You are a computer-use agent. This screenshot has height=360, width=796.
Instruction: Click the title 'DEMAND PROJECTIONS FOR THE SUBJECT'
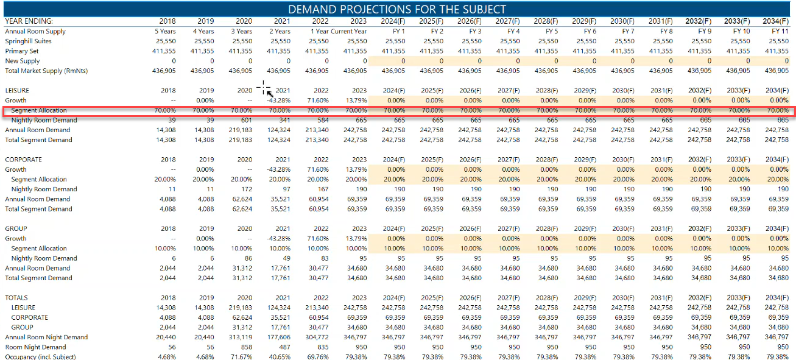(397, 9)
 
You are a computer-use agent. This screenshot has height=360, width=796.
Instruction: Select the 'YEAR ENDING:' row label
(29, 21)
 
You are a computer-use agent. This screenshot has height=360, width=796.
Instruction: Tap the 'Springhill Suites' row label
(29, 41)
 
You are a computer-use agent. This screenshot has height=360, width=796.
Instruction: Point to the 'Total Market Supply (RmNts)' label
(46, 71)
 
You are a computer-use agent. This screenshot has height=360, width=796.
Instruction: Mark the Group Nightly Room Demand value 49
(286, 258)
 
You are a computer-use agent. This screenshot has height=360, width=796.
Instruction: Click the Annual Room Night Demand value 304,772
(317, 337)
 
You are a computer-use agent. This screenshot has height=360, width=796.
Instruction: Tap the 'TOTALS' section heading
(17, 298)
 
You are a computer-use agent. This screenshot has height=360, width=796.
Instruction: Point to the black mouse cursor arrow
(270, 94)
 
